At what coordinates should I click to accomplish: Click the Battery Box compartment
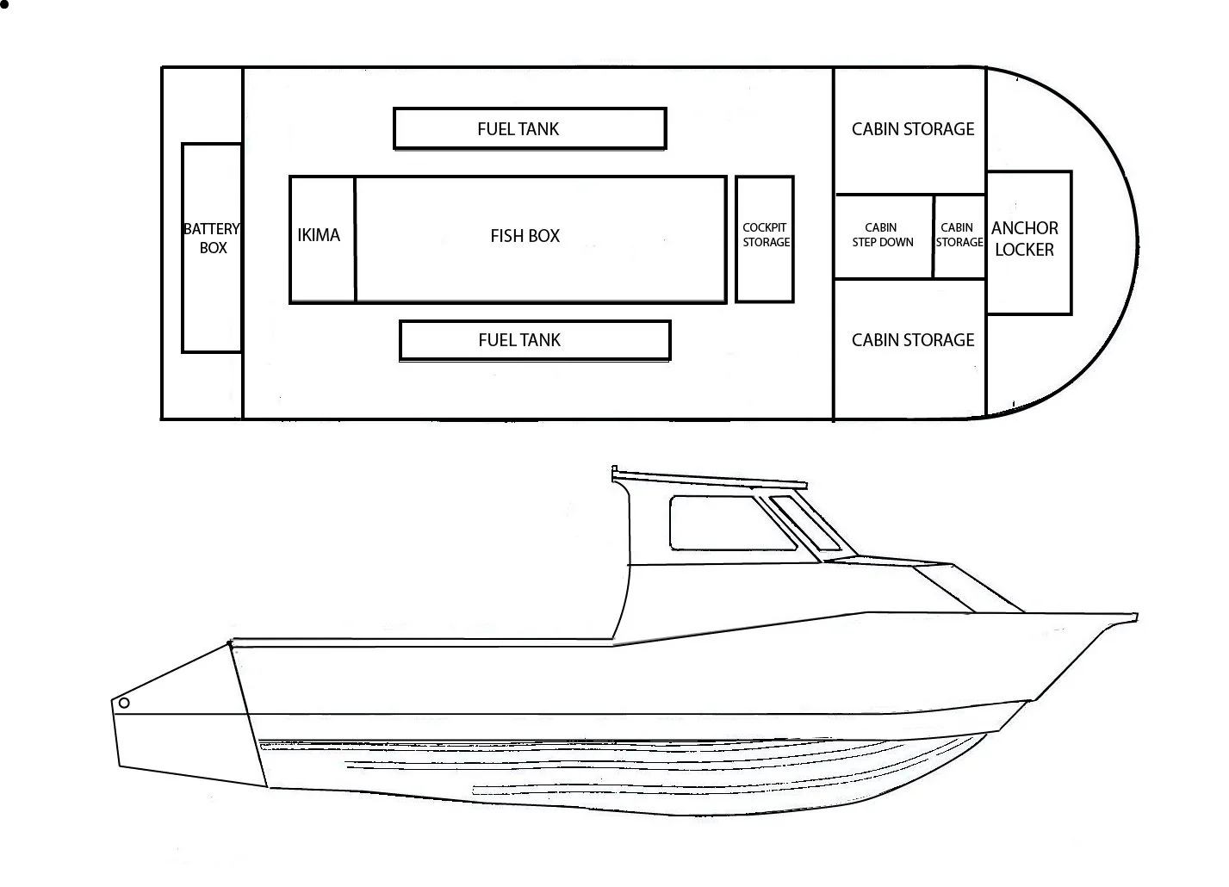coord(212,248)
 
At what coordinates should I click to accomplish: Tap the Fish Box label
coord(524,236)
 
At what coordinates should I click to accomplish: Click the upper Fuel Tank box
coord(529,128)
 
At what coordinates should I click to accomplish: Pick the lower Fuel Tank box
coord(534,340)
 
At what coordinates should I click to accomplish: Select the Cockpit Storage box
coord(765,239)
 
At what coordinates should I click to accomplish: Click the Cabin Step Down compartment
coord(883,236)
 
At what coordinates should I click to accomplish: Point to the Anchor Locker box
coord(1028,242)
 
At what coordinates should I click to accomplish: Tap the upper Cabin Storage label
coord(912,129)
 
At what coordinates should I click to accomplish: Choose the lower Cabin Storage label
coord(912,340)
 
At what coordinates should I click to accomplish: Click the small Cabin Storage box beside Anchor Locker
coord(959,236)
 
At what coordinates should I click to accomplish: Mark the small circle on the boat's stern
coord(124,703)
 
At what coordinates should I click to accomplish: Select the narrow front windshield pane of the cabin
coord(805,523)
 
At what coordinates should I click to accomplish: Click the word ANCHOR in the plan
coord(1024,228)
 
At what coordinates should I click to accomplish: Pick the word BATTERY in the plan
coord(211,229)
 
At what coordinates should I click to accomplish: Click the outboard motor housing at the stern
coord(185,723)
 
